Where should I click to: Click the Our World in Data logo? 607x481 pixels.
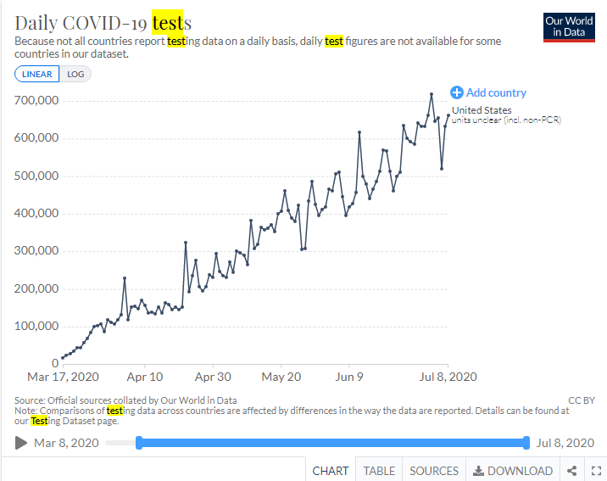[569, 26]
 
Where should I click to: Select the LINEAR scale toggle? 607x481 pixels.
[36, 74]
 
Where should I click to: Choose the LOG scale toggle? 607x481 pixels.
[75, 74]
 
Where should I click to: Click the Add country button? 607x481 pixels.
[488, 92]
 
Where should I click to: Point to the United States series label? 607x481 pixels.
[482, 110]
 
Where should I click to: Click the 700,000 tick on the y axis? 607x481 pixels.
[36, 100]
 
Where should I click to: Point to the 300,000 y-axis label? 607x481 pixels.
[36, 251]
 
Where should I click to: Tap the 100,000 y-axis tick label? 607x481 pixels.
[36, 326]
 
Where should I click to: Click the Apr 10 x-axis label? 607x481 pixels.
[145, 377]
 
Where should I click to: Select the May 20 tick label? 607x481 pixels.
[281, 377]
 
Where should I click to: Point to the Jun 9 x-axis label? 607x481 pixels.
[349, 377]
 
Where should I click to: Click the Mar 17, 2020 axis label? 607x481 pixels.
[64, 377]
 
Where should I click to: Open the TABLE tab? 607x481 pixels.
[379, 471]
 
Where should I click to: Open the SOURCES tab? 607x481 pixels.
[434, 471]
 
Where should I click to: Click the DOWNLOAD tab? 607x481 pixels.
[513, 471]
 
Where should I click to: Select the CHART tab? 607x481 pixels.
[331, 471]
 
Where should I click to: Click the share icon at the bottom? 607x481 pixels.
[572, 471]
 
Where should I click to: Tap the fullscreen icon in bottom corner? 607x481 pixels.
[594, 471]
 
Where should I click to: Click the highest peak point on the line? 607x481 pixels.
[432, 93]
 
